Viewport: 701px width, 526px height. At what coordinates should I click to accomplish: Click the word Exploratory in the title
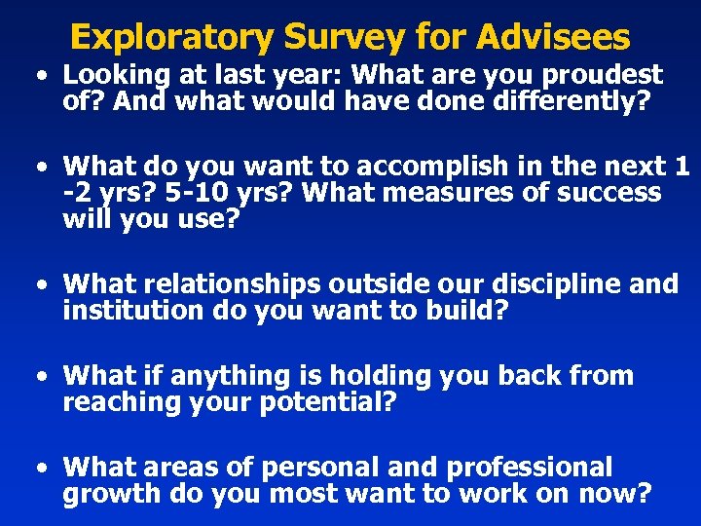[172, 37]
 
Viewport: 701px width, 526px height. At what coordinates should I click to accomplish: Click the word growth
[112, 494]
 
